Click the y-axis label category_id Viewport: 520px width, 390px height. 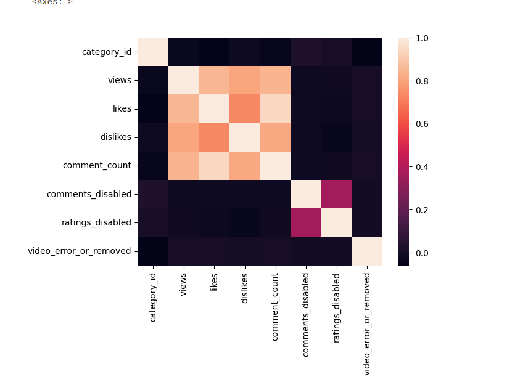[x=106, y=52]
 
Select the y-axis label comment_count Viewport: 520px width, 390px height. [x=97, y=166]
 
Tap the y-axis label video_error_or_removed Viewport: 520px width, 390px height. [x=80, y=251]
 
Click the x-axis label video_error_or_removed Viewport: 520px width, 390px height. [x=366, y=323]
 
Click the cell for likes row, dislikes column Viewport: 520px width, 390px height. [x=244, y=109]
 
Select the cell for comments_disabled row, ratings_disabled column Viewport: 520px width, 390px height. [x=336, y=194]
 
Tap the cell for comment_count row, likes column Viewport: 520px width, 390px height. [x=214, y=166]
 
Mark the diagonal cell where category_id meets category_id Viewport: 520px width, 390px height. [x=153, y=52]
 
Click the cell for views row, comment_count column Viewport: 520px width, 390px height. [x=275, y=81]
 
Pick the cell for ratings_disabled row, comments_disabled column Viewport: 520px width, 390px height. [x=305, y=222]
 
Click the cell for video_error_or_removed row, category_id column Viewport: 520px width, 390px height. [x=153, y=251]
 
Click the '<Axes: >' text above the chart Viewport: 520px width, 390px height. [x=52, y=2]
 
